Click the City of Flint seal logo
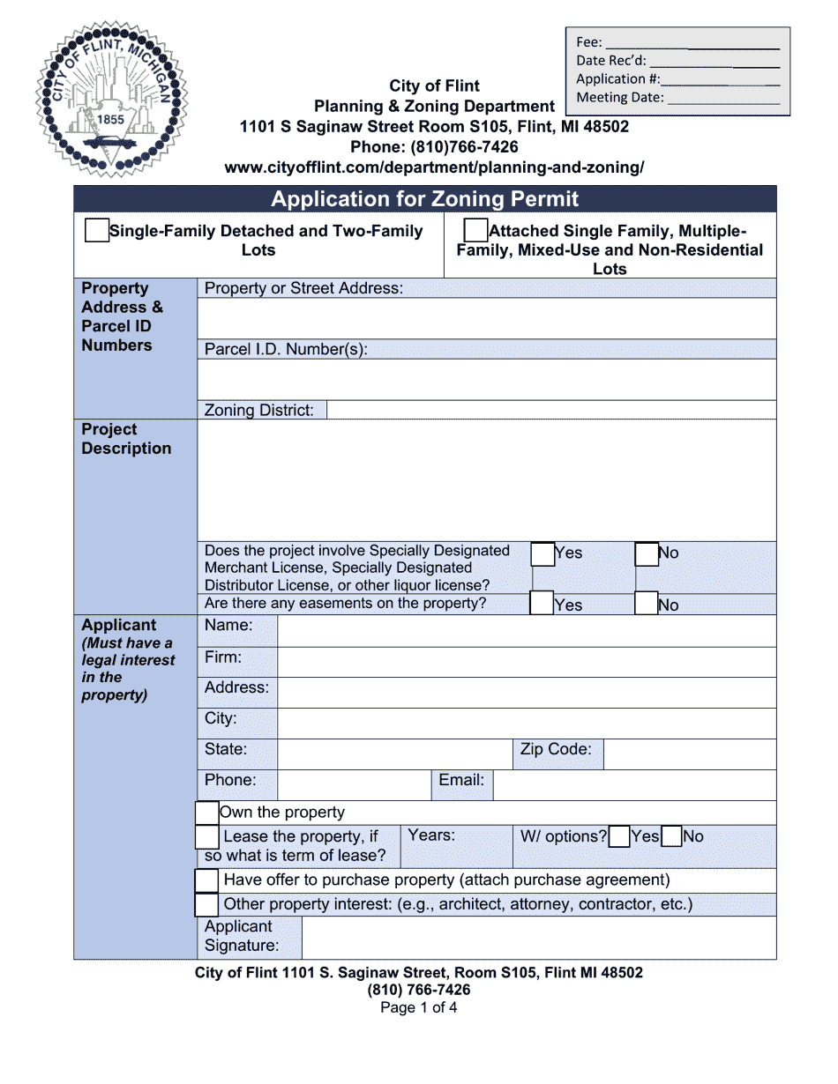tap(111, 100)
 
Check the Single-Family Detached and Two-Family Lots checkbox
tap(97, 231)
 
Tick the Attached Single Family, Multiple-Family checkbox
tap(475, 231)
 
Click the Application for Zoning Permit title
tap(424, 199)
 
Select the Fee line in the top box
tap(692, 42)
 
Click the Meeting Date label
tap(620, 98)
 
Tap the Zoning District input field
tap(550, 410)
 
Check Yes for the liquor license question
tap(542, 554)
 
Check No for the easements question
tap(647, 604)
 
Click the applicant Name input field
tap(526, 631)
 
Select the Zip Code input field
tap(689, 754)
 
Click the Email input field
tap(634, 784)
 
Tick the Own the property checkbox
tap(206, 813)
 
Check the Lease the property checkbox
tap(206, 837)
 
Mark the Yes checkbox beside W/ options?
tap(619, 836)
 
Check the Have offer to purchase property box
tap(206, 880)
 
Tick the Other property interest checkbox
tap(206, 905)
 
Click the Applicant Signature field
tap(538, 938)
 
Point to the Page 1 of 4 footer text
tap(418, 1008)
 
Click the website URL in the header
tap(434, 167)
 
